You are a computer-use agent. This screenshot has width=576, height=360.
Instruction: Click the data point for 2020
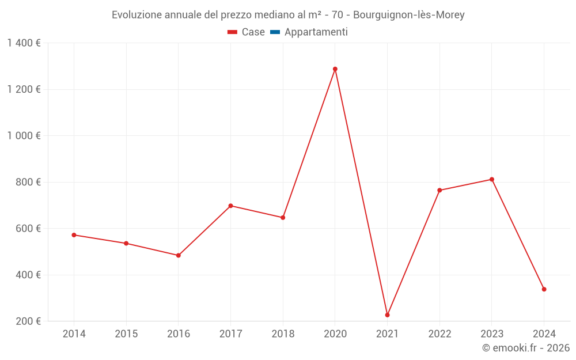[x=335, y=69]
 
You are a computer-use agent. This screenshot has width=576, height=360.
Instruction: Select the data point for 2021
[x=388, y=315]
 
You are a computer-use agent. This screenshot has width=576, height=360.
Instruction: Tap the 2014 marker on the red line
[x=74, y=235]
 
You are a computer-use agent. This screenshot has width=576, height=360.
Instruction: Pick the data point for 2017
[x=230, y=206]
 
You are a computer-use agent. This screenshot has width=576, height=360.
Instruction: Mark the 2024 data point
[x=544, y=289]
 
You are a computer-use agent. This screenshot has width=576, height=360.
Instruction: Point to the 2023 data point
[x=492, y=179]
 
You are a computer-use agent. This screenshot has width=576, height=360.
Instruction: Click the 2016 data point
[x=179, y=255]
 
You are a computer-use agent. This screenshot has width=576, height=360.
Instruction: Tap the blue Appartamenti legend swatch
[x=275, y=32]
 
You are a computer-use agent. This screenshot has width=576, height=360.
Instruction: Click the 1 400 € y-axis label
[x=24, y=43]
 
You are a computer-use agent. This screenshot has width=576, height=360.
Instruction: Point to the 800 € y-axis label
[x=29, y=182]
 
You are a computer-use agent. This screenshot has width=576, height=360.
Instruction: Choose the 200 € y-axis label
[x=29, y=321]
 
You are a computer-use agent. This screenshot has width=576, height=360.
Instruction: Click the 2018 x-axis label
[x=283, y=334]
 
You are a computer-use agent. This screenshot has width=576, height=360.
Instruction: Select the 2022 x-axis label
[x=439, y=334]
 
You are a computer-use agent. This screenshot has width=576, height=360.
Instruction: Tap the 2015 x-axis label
[x=126, y=334]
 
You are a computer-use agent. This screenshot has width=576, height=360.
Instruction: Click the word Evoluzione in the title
[x=137, y=15]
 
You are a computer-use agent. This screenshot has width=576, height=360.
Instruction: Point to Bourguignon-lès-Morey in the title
[x=409, y=15]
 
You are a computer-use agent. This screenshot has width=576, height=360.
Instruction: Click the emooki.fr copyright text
[x=526, y=348]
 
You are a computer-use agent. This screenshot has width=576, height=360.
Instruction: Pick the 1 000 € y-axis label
[x=24, y=136]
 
